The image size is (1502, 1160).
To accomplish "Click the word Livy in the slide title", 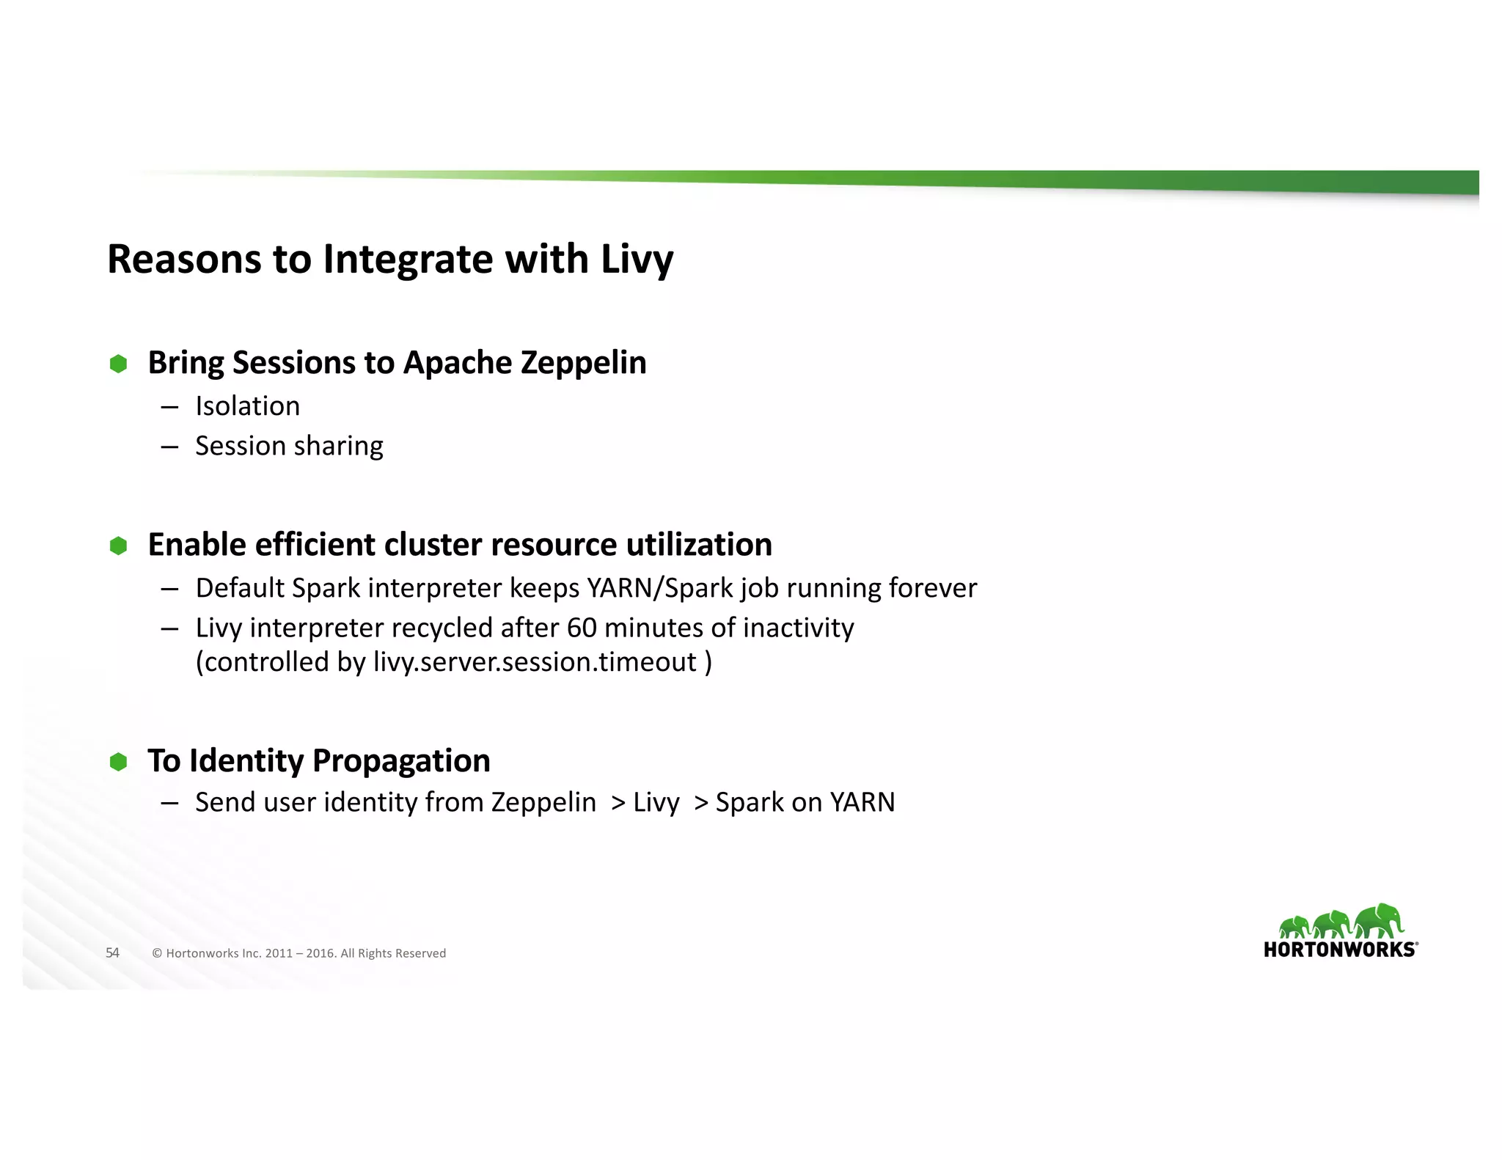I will click(637, 260).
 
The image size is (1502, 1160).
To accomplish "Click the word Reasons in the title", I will click(184, 260).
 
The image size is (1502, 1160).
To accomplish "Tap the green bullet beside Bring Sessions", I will click(118, 364).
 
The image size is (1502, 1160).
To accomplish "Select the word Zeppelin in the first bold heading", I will click(583, 363).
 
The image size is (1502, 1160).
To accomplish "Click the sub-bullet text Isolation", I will click(247, 406).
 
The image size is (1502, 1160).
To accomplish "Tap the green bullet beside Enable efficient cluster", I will click(118, 546).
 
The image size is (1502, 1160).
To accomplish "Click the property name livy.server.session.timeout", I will click(535, 662).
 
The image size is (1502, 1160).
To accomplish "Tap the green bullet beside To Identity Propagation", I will click(118, 762).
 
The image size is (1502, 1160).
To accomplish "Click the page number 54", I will click(112, 952).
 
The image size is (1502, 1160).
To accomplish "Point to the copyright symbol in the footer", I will click(157, 953).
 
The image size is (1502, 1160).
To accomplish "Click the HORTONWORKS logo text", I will click(1340, 950).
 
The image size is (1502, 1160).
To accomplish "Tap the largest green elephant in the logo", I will click(1380, 920).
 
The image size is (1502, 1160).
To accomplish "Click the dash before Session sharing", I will click(169, 447).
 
